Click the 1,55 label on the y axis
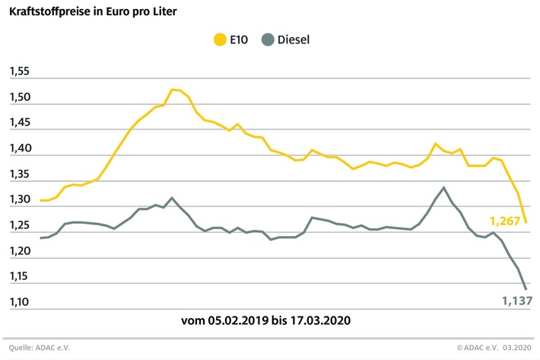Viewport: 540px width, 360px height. (x=19, y=72)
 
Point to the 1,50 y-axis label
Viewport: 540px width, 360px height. (x=19, y=98)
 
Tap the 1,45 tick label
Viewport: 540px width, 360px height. (x=19, y=123)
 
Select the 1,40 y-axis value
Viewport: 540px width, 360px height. (x=19, y=149)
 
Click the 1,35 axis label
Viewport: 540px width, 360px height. (x=19, y=174)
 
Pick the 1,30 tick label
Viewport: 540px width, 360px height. (x=19, y=200)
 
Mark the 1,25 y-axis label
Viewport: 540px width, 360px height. (x=19, y=225)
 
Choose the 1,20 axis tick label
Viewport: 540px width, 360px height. (x=19, y=251)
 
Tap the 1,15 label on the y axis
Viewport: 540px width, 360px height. (x=19, y=276)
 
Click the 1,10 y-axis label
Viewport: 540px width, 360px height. (x=19, y=302)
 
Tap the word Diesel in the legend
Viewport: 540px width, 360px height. (x=294, y=38)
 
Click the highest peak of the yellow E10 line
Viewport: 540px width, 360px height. (x=173, y=89)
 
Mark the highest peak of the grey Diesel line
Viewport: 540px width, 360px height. (x=443, y=187)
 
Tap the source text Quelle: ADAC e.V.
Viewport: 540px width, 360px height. (x=43, y=348)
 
